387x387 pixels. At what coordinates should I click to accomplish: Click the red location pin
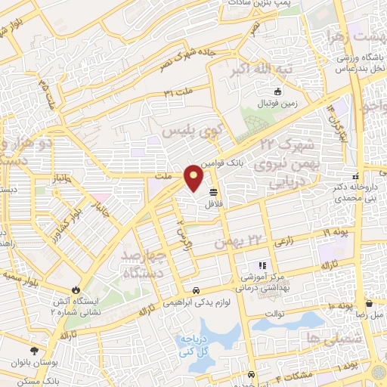click(x=193, y=178)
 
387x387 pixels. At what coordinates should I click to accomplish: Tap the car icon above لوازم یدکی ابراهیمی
click(x=196, y=290)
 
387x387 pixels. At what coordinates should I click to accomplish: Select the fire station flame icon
click(x=76, y=289)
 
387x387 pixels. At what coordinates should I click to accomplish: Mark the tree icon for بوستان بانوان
click(x=33, y=350)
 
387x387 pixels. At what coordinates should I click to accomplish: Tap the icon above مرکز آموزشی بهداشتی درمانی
click(x=263, y=265)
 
